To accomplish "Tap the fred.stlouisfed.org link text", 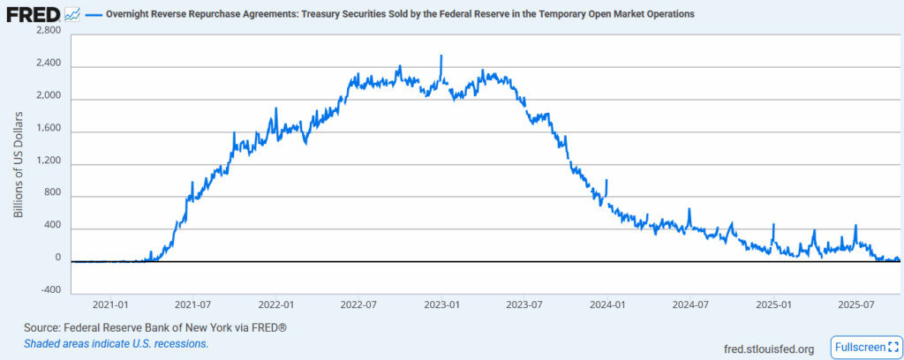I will pos(767,349).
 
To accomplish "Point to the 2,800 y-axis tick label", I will pos(47,31).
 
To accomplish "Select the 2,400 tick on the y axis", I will pos(47,64).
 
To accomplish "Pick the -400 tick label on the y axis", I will pos(49,289).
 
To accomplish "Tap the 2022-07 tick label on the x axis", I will pos(359,304).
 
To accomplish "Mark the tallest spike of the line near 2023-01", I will pos(441,56).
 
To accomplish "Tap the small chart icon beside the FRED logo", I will pos(73,14).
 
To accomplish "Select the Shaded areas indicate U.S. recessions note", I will pos(117,343).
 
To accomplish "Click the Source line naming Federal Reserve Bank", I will pos(155,327).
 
